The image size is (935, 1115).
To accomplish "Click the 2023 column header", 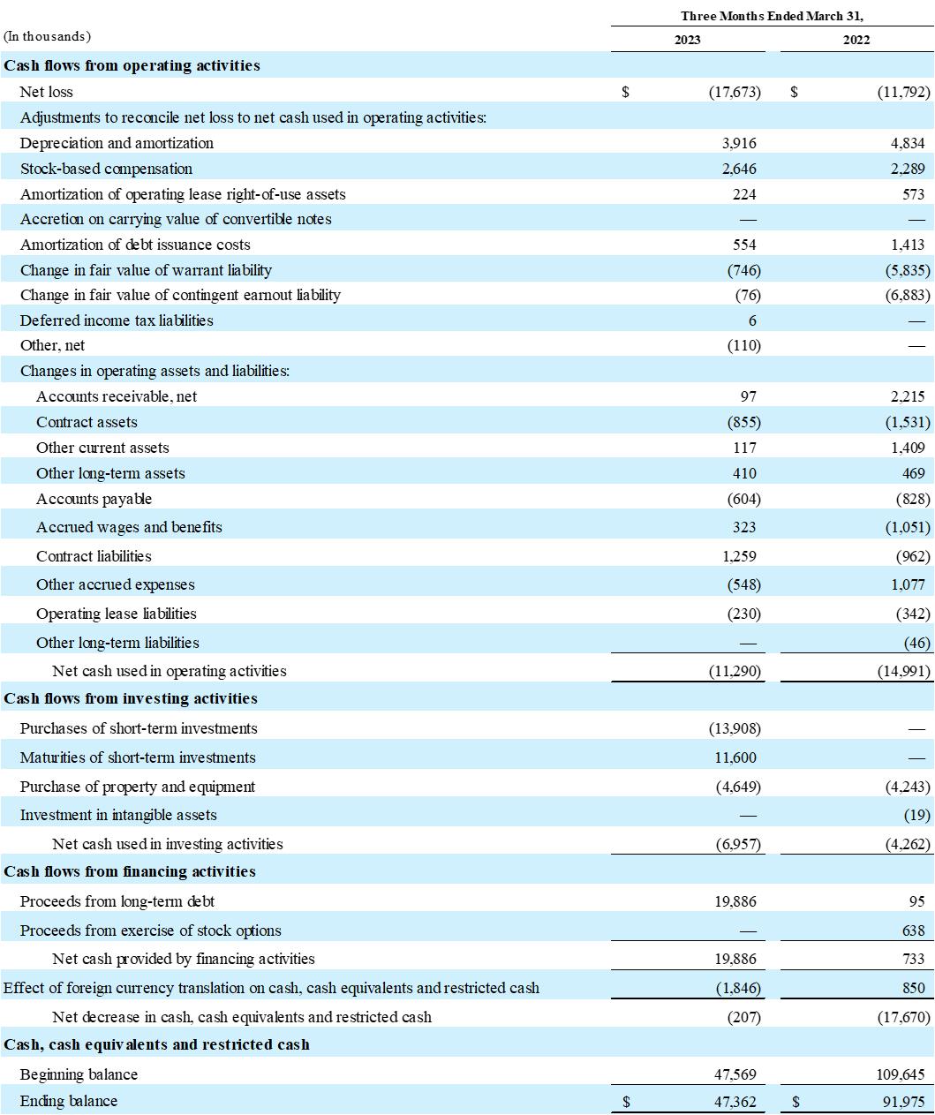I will point(688,40).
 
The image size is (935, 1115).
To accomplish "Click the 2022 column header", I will point(856,40).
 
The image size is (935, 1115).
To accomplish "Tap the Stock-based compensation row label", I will point(106,169).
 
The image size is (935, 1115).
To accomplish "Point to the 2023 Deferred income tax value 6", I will point(752,320).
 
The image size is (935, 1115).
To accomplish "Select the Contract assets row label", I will point(87,422).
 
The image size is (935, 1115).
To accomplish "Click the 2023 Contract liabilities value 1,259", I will point(739,556).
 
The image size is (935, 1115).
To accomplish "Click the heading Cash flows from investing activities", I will point(131,698).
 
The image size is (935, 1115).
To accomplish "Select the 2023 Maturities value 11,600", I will point(735,757).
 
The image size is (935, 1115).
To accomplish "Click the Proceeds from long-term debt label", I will point(117,901).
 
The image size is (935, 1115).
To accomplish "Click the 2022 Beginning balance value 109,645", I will point(903,1074).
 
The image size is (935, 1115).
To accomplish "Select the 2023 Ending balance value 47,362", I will point(735,1101).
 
